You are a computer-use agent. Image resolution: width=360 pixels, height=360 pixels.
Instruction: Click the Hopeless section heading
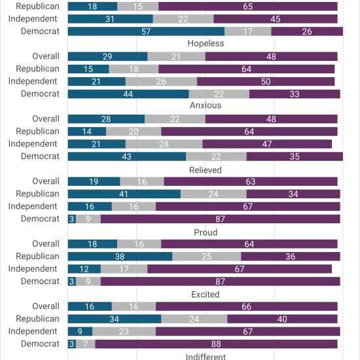click(206, 43)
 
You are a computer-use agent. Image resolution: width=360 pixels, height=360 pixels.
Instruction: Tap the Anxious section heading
click(206, 105)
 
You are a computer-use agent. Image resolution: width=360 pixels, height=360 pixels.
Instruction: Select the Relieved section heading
click(206, 170)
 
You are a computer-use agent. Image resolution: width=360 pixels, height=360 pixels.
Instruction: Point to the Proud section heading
click(206, 232)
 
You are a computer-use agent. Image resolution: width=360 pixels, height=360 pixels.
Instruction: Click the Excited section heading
click(206, 295)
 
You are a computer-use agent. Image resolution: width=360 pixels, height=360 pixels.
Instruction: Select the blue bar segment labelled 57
click(146, 31)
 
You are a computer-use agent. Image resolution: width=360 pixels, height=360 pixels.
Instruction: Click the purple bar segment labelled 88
click(216, 344)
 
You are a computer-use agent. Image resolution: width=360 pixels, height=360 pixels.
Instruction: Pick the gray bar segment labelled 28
click(164, 144)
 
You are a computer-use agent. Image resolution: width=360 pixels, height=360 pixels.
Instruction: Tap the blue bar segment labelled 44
click(128, 94)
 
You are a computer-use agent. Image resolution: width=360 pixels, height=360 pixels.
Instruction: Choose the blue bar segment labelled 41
click(124, 194)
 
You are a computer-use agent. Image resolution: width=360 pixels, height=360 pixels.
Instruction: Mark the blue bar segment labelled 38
click(120, 257)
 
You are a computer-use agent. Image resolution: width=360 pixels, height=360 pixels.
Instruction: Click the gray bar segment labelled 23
click(124, 331)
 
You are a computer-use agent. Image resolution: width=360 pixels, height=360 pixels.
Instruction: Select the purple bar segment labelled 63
click(251, 181)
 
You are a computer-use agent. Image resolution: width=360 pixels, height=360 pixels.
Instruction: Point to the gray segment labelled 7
click(86, 344)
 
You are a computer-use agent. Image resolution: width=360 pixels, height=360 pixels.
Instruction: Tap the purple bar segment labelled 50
click(266, 82)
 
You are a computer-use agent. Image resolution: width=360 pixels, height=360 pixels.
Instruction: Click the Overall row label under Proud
click(46, 243)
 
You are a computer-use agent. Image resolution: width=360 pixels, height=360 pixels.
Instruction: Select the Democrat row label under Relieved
click(40, 219)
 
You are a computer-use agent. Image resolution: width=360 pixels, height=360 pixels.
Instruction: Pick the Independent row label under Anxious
click(33, 144)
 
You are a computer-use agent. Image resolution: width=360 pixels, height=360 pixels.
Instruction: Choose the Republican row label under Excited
click(38, 319)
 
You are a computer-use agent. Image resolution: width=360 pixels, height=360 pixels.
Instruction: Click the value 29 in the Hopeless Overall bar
click(107, 56)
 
